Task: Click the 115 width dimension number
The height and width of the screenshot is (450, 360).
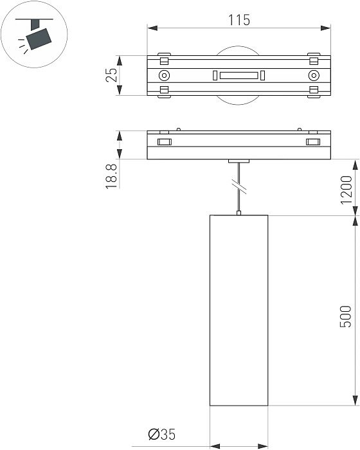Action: click(x=239, y=20)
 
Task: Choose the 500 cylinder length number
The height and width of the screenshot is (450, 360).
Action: click(x=346, y=316)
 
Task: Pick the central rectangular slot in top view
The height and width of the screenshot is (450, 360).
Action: click(x=239, y=76)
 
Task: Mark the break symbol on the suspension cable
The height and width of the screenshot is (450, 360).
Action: click(x=239, y=187)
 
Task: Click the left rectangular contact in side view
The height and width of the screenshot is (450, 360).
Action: click(x=164, y=142)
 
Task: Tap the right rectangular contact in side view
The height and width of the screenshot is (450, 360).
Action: click(x=313, y=142)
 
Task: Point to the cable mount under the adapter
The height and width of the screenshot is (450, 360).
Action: click(x=239, y=161)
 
